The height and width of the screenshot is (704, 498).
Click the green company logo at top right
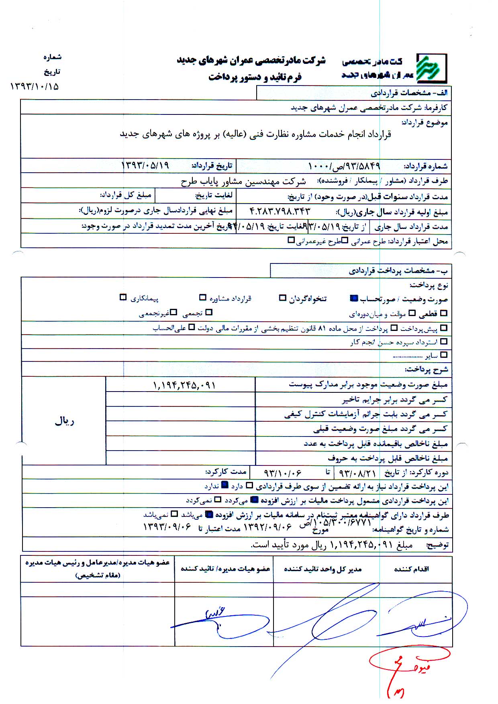[431, 68]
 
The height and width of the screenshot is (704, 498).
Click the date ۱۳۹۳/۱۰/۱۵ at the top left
[34, 86]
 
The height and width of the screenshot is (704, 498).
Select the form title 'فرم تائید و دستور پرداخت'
[255, 77]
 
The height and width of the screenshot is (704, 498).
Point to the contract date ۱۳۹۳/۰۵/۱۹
[145, 165]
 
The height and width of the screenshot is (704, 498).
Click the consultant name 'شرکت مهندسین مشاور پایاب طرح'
[243, 182]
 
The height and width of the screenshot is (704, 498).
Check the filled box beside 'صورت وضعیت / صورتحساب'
[354, 298]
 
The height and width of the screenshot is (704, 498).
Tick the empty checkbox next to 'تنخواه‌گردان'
[283, 298]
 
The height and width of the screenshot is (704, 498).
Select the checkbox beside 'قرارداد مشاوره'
[203, 298]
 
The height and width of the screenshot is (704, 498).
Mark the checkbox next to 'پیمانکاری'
[123, 298]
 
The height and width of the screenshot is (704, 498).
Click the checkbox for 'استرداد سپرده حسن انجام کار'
[444, 342]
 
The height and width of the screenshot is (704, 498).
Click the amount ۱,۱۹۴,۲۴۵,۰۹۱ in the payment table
[184, 386]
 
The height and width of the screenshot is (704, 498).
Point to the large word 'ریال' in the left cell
[64, 421]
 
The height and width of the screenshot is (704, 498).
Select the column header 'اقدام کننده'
[411, 569]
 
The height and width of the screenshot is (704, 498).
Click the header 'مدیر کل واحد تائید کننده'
[323, 569]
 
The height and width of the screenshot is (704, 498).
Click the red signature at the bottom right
[406, 669]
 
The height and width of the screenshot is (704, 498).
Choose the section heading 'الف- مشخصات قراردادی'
[409, 93]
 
